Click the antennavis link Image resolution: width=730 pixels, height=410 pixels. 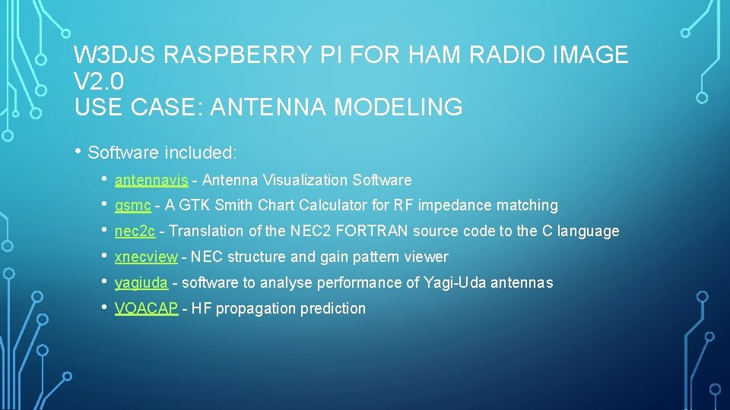tap(151, 180)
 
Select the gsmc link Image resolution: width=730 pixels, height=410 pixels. tap(132, 206)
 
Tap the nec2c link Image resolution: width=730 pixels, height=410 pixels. tap(135, 232)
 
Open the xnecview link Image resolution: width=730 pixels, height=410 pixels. tap(145, 257)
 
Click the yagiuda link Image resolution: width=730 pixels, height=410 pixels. tap(141, 283)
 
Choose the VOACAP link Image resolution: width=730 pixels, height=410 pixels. tap(146, 309)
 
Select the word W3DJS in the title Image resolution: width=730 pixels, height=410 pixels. tap(114, 55)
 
